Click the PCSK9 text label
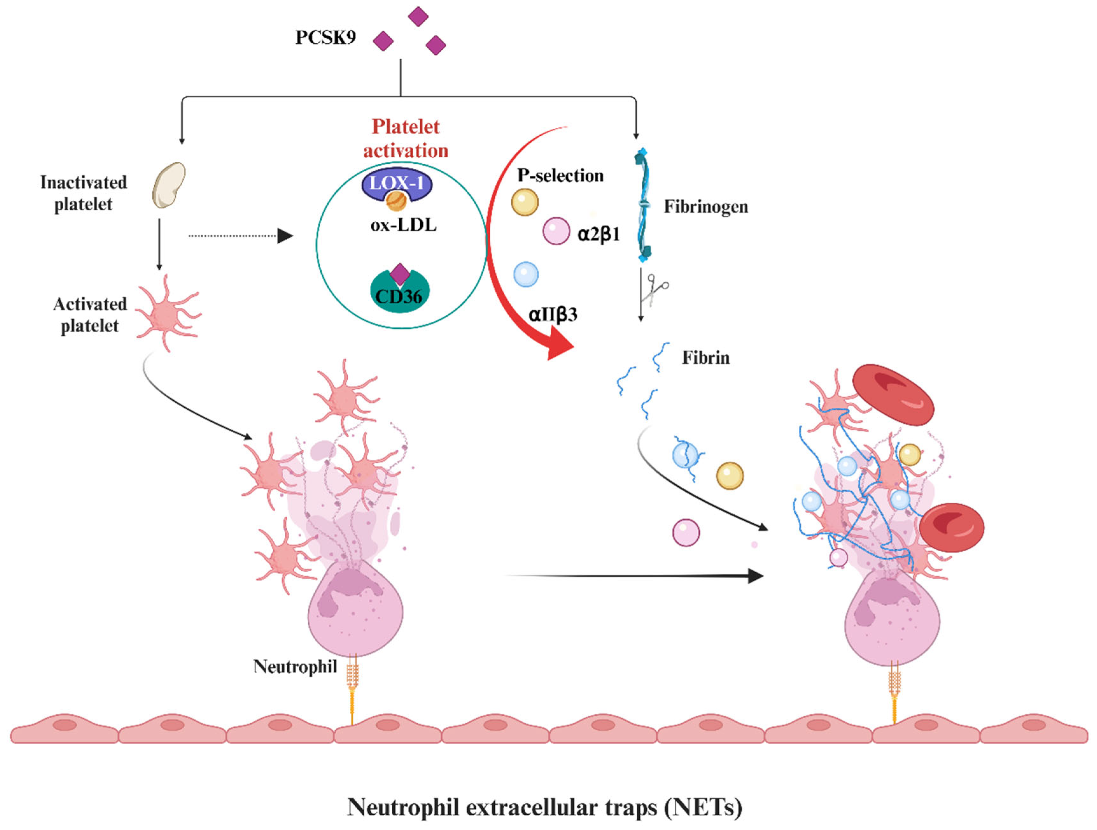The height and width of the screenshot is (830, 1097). point(325,38)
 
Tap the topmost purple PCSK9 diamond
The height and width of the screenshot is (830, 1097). point(418,16)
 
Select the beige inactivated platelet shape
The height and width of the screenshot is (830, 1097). point(169,185)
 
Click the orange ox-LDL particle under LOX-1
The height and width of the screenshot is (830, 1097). point(396,201)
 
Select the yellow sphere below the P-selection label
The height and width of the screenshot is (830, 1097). point(525,202)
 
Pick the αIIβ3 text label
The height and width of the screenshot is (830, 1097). point(553,315)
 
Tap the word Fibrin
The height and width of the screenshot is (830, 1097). point(705,358)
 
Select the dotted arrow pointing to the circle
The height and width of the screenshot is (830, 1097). point(241,236)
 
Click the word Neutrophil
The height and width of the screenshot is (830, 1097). point(295,667)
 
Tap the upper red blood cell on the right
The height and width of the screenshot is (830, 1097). point(893,395)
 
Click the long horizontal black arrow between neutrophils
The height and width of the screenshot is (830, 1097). point(635,576)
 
